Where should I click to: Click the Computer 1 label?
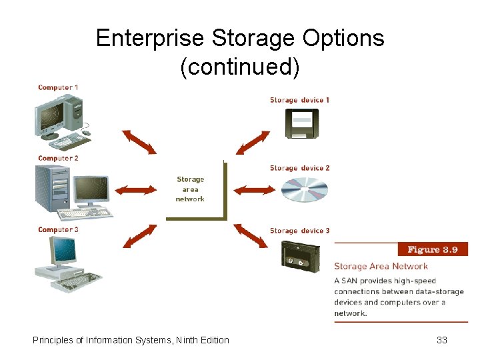tap(58, 87)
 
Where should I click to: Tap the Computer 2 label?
tap(58, 158)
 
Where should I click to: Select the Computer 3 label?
tap(58, 230)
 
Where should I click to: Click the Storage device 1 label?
tap(299, 100)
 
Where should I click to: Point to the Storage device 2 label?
tap(299, 168)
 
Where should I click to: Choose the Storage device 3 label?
tap(299, 231)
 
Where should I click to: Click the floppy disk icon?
tap(302, 123)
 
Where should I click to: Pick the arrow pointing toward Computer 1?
tap(138, 142)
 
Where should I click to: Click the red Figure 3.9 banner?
tap(433, 249)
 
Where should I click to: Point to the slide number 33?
tap(441, 340)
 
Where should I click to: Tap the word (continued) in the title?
tap(240, 67)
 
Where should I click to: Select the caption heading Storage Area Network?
tap(381, 267)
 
